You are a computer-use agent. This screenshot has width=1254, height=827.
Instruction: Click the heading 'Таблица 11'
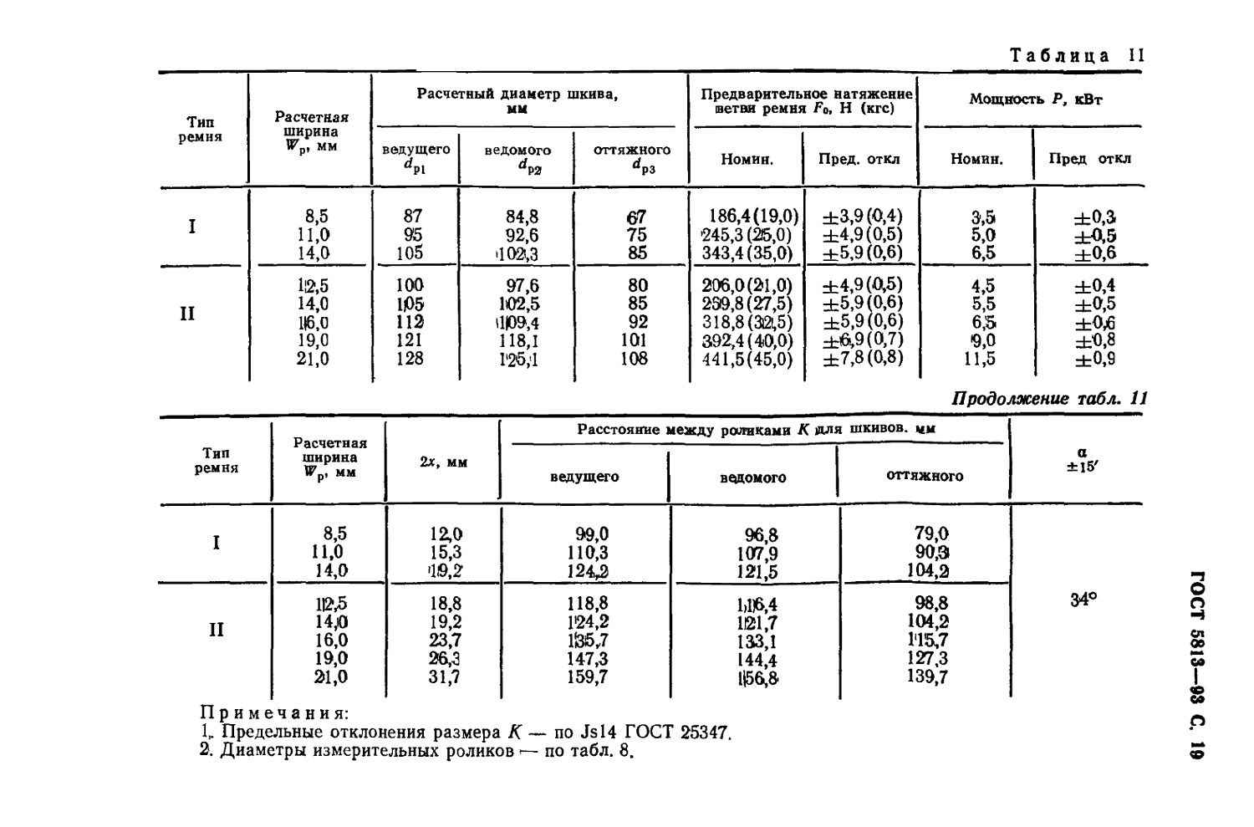[x=1077, y=57]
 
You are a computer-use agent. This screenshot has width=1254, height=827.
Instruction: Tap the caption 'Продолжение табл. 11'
[x=1050, y=399]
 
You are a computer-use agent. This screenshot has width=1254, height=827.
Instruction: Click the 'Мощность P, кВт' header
[x=1036, y=100]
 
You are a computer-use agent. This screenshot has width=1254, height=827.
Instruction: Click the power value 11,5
[x=979, y=359]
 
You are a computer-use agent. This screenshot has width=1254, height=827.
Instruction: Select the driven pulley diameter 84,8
[x=522, y=217]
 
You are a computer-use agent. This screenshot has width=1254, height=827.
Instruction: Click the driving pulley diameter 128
[x=410, y=359]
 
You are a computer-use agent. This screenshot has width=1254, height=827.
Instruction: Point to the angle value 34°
[x=1083, y=600]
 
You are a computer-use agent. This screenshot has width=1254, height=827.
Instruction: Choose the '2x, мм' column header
[x=444, y=462]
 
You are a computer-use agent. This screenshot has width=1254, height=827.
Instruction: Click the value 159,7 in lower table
[x=588, y=677]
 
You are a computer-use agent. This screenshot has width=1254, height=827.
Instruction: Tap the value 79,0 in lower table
[x=928, y=533]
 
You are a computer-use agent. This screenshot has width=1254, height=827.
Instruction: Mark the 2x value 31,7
[x=445, y=677]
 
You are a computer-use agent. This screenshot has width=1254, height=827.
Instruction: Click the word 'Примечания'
[x=273, y=713]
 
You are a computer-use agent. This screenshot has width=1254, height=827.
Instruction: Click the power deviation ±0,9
[x=1094, y=360]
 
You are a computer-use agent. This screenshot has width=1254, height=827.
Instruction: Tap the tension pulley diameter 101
[x=634, y=340]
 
